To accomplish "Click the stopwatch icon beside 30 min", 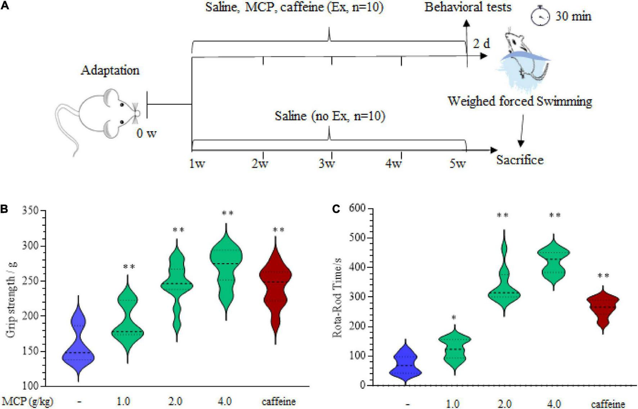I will point(541,16).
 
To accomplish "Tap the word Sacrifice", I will point(520,160).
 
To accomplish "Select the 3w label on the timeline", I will point(327,164).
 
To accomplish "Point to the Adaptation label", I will point(110,70).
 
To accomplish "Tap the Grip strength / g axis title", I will point(11,298).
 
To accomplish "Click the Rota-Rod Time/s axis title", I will point(337,298).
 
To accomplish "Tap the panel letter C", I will point(336,209).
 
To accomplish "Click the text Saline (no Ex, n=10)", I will point(330,116).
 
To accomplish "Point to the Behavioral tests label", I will point(468,7).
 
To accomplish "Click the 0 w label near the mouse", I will point(146,134).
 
